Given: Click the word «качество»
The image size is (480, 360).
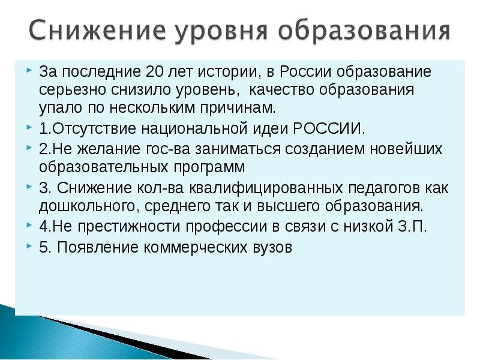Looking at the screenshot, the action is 281,90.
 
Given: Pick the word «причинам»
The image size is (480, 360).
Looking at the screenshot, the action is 238,108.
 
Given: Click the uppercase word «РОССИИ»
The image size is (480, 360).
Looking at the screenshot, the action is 329,128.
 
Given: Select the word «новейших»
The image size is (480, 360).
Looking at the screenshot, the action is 406,149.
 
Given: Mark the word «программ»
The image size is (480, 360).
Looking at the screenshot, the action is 209,168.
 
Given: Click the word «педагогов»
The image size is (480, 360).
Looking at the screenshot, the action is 383,188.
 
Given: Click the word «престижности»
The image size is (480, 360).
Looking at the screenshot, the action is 128,227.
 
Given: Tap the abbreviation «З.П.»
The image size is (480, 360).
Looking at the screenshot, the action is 412,227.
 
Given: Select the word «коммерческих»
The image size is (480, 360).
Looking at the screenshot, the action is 196,247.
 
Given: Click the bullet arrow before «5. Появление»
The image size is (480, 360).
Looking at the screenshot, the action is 29,245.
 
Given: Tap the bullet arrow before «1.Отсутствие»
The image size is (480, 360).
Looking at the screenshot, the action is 29,127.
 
